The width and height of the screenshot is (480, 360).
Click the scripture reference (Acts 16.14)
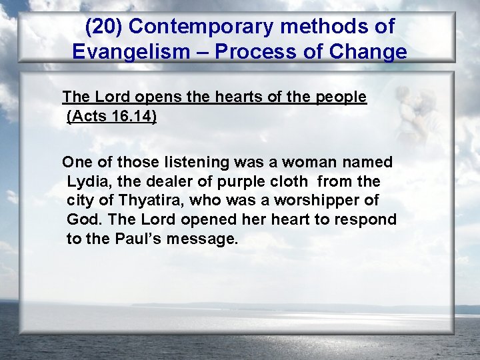pos(112,117)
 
